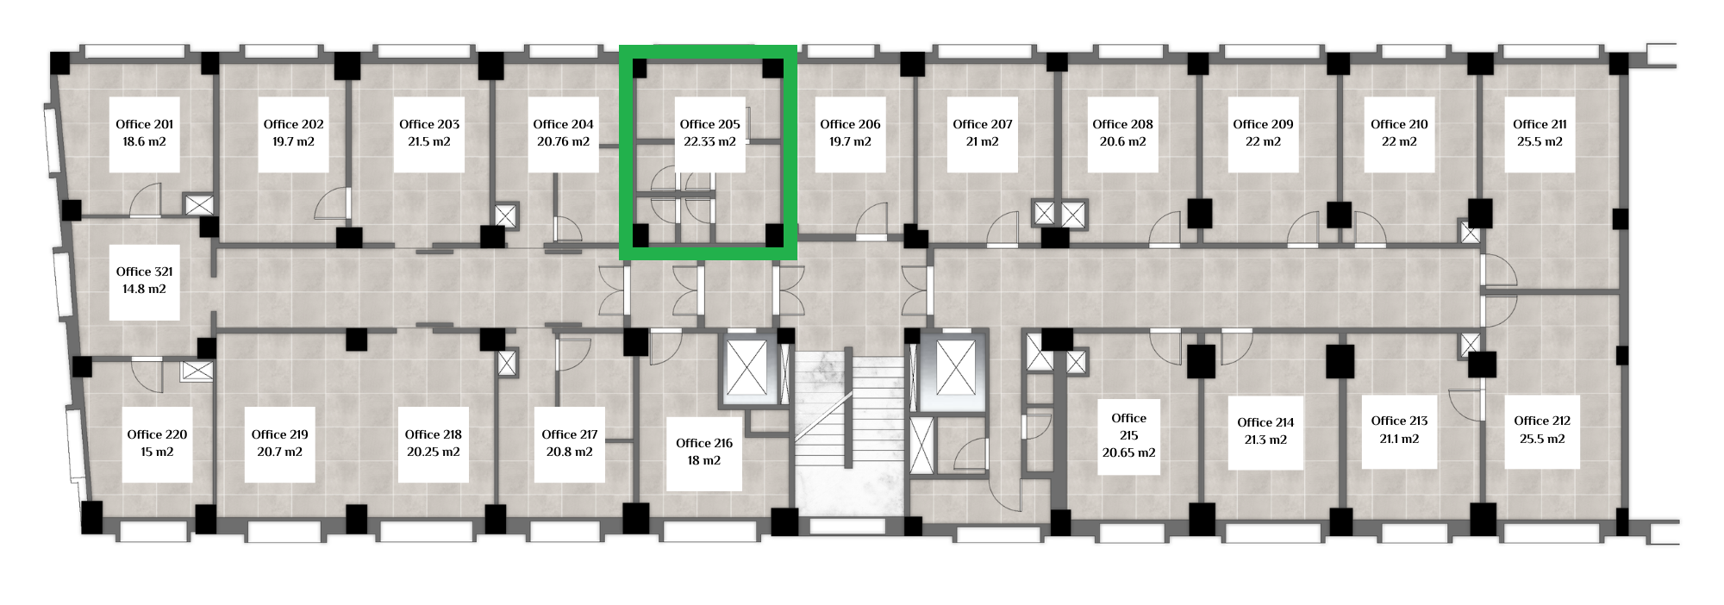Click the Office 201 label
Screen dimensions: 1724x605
[x=145, y=124]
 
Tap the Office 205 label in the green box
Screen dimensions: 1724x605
[x=709, y=124]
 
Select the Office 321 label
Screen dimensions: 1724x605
[x=145, y=271]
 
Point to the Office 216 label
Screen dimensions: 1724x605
[x=704, y=443]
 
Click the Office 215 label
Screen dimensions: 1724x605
[x=1129, y=427]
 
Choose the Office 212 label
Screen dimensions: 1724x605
[x=1542, y=421]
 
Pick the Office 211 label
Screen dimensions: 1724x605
[x=1540, y=124]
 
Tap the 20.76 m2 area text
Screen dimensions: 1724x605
[x=563, y=141]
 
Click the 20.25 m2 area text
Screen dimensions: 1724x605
[x=434, y=452]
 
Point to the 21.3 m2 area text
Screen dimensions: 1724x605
[x=1265, y=440]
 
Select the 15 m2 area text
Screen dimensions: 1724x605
[x=157, y=452]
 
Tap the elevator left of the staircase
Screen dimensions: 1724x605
[x=746, y=368]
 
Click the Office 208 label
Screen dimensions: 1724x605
[x=1122, y=124]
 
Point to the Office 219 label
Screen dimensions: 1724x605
[x=280, y=434]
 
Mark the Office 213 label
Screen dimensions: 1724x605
[x=1399, y=421]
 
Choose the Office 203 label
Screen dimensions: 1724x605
[x=429, y=124]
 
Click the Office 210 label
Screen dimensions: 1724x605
[x=1399, y=124]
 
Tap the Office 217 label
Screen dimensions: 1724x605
[x=570, y=434]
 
